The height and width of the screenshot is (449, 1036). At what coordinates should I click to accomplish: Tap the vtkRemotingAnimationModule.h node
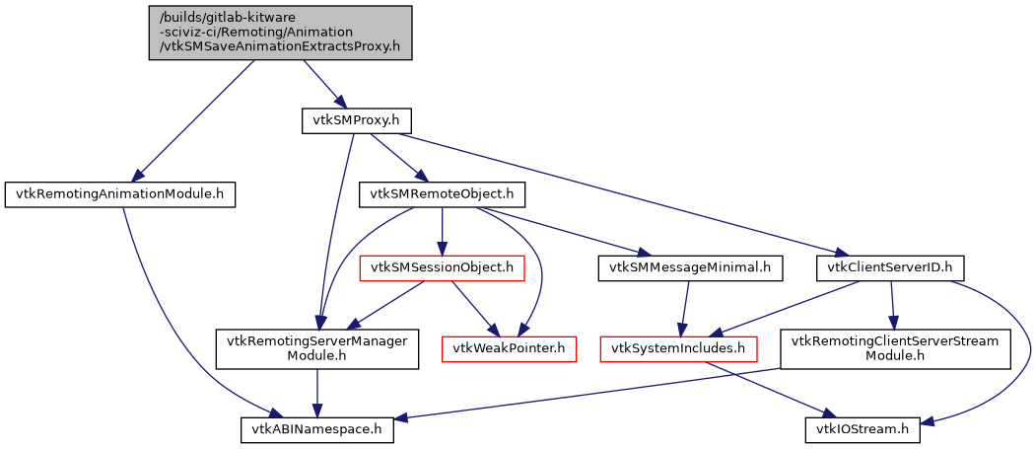click(x=120, y=194)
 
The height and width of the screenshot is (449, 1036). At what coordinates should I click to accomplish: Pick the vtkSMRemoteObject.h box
click(x=442, y=194)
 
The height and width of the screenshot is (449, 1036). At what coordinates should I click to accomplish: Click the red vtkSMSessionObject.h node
click(x=442, y=266)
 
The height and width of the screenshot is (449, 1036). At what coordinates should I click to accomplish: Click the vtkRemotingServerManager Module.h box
click(x=317, y=348)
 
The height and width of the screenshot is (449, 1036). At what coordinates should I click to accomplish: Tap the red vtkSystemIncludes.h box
click(x=679, y=348)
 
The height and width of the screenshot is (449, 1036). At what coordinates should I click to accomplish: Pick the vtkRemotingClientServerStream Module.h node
click(x=896, y=348)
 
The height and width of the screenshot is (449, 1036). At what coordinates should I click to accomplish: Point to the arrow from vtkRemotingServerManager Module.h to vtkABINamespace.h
click(x=317, y=393)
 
